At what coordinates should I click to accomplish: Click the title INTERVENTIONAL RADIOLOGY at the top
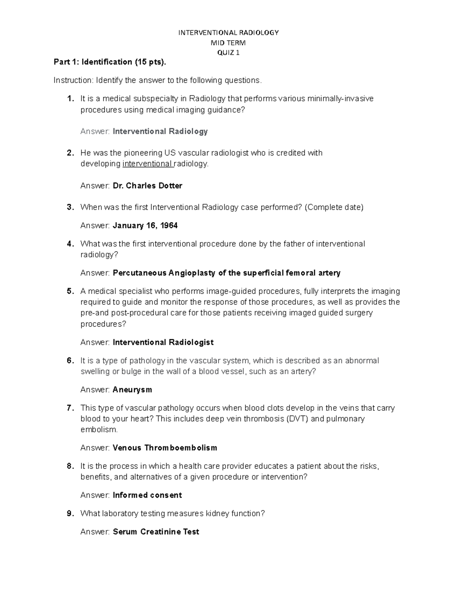click(228, 33)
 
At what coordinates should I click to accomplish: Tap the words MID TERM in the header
click(228, 43)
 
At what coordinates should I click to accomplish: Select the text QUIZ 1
click(228, 53)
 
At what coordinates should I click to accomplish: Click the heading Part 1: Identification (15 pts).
click(110, 62)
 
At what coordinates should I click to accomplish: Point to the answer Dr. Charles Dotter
click(147, 186)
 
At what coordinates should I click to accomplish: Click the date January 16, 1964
click(145, 226)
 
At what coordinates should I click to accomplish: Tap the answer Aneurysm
click(132, 390)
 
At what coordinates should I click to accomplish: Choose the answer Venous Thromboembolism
click(165, 448)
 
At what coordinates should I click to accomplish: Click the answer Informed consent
click(147, 495)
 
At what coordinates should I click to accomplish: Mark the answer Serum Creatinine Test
click(156, 532)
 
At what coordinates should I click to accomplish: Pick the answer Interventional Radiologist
click(163, 343)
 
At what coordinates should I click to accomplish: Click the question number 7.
click(70, 408)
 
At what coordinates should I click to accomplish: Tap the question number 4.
click(70, 244)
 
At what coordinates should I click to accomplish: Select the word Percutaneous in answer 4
click(140, 273)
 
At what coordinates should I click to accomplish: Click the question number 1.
click(70, 99)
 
